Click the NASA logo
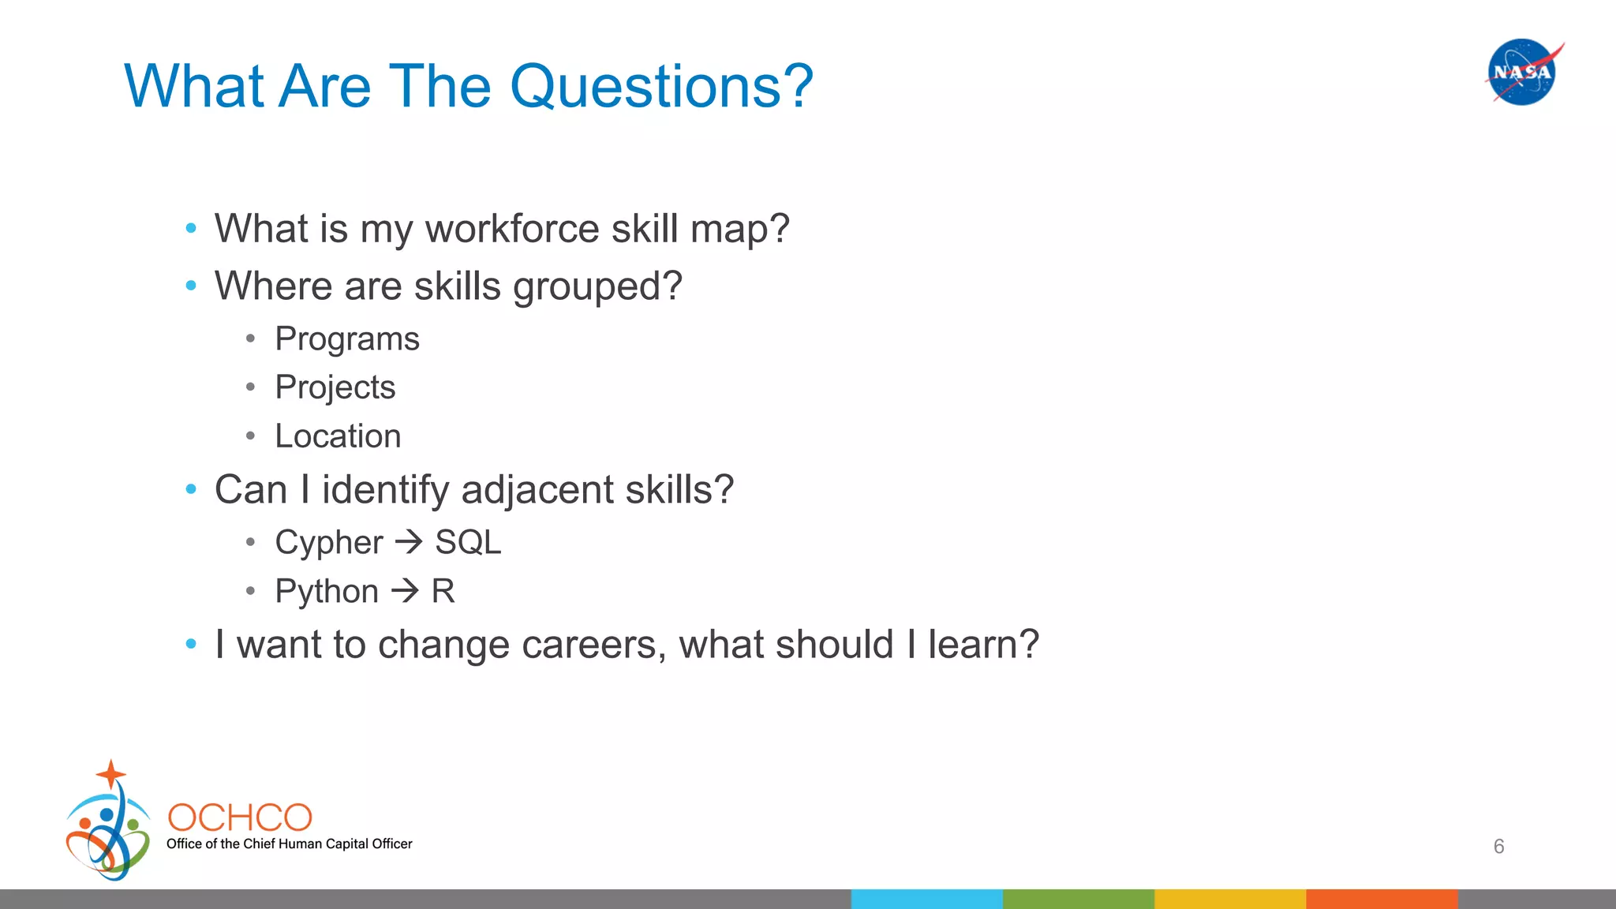[x=1522, y=72]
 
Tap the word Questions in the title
[x=661, y=86]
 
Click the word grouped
[x=597, y=286]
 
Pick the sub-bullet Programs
[x=347, y=339]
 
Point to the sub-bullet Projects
[x=335, y=387]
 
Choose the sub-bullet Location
[x=338, y=436]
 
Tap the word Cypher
[x=328, y=543]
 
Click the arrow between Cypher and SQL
[x=409, y=541]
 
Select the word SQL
[x=468, y=543]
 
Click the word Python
[x=327, y=592]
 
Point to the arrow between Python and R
[x=405, y=590]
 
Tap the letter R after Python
[x=443, y=591]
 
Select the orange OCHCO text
[x=240, y=818]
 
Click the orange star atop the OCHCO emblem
[x=111, y=773]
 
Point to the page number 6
[x=1498, y=847]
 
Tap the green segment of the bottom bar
[x=1078, y=899]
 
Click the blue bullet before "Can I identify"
[x=191, y=489]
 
